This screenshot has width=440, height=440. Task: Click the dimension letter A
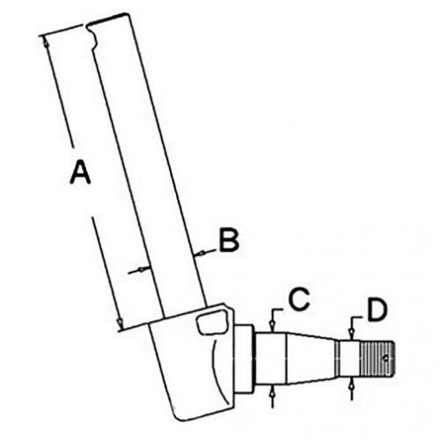[x=80, y=171]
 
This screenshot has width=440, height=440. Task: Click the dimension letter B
[x=229, y=240]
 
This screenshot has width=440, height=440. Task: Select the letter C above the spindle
[x=298, y=299]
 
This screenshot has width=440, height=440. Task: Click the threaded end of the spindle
[x=378, y=358]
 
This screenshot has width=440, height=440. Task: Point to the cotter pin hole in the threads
[x=386, y=358]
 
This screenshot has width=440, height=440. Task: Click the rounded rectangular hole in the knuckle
[x=212, y=322]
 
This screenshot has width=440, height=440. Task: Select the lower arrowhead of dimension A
[x=120, y=323]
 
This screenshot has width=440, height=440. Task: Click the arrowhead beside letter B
[x=201, y=253]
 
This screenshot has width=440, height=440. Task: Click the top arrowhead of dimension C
[x=273, y=326]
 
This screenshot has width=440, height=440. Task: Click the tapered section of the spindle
[x=312, y=358]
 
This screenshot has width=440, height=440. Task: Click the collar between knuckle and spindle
[x=243, y=358]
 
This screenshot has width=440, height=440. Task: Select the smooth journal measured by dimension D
[x=349, y=358]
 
